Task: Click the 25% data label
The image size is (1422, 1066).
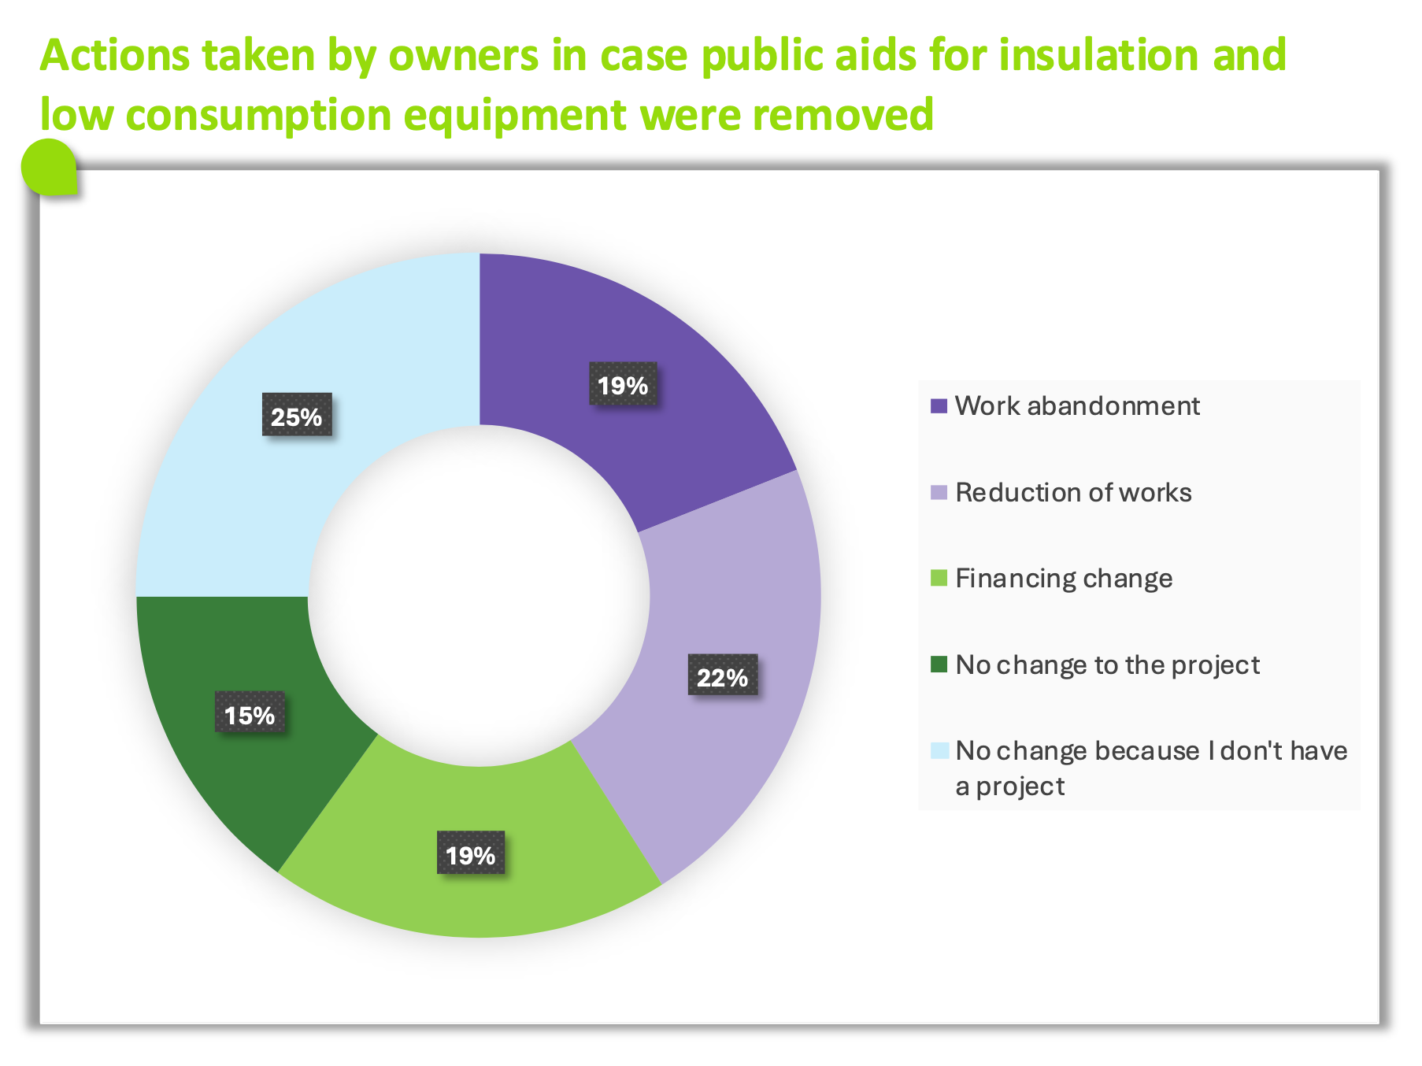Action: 297,415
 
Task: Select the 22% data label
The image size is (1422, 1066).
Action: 723,676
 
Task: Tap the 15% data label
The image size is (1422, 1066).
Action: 250,713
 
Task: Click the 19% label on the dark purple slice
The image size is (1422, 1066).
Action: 623,384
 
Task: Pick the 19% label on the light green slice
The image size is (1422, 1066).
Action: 471,853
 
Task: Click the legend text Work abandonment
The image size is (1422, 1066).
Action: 1077,406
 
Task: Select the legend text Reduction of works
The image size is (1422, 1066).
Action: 1073,493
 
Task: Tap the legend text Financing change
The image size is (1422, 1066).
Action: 1064,579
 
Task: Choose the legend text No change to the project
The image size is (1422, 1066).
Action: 1107,666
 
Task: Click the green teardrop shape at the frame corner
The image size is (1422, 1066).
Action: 49,167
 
